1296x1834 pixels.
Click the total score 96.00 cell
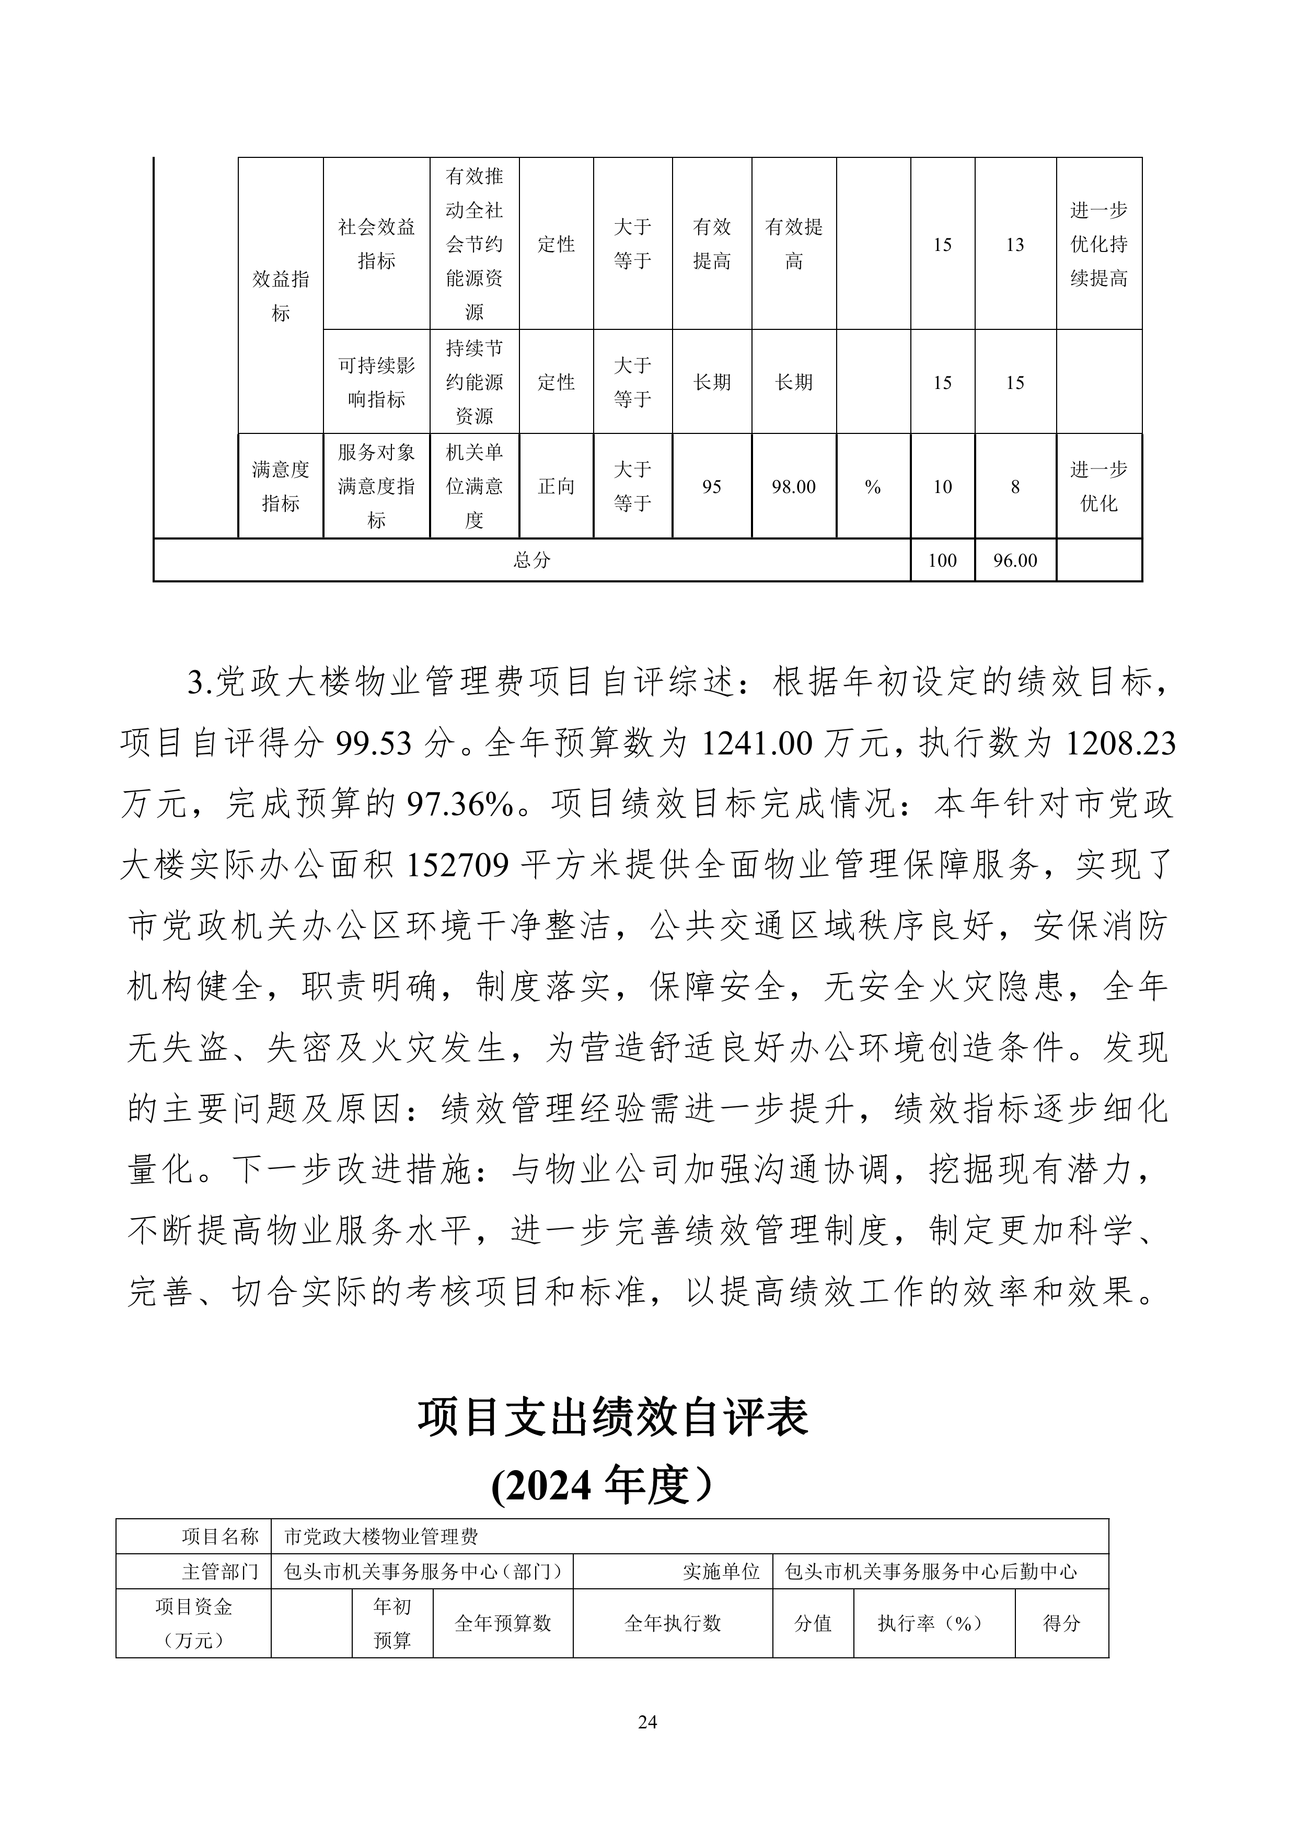1014,560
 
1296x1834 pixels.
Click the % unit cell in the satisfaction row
872,486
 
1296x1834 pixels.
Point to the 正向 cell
556,486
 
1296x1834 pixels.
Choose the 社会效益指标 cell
376,244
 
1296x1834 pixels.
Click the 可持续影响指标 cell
376,382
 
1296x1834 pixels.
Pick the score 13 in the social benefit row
1014,245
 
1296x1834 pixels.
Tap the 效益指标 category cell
280,295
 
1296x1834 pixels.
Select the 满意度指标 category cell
280,486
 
